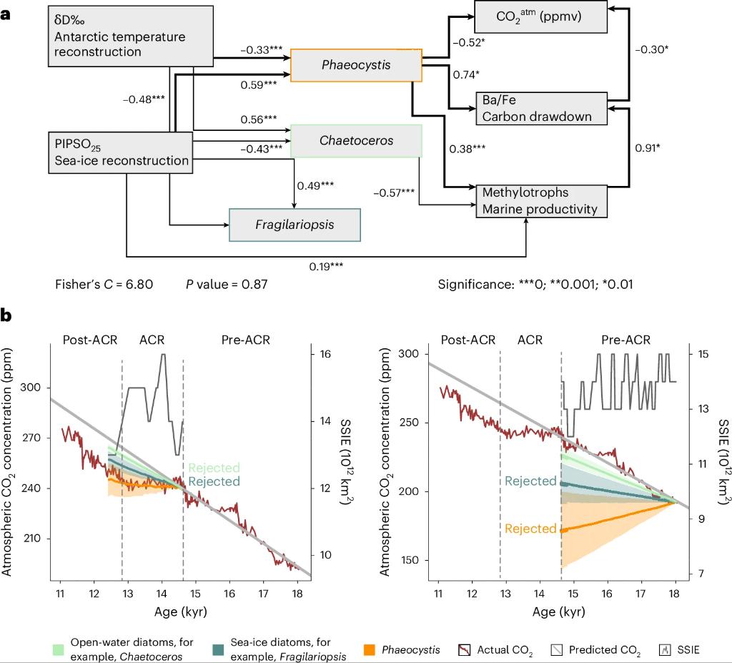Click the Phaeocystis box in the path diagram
click(x=357, y=65)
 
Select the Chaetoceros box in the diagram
click(x=356, y=141)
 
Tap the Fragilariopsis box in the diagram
click(x=295, y=225)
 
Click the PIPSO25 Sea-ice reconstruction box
click(x=122, y=152)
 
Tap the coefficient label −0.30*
click(x=652, y=49)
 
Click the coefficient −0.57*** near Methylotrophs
click(x=393, y=192)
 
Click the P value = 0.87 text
click(x=227, y=285)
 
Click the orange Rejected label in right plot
click(x=530, y=529)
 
